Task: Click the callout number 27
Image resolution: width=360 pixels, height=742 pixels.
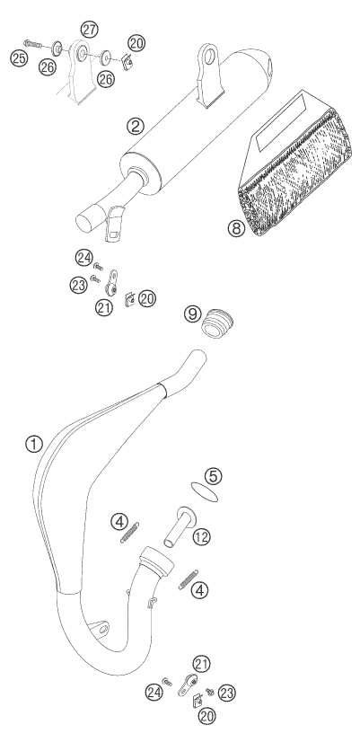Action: click(x=89, y=30)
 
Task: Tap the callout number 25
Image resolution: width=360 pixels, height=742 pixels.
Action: click(x=19, y=58)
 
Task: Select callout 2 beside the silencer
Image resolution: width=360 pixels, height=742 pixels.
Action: click(x=136, y=126)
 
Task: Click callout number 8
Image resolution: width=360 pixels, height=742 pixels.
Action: click(x=236, y=228)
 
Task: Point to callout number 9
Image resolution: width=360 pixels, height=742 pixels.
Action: click(x=192, y=314)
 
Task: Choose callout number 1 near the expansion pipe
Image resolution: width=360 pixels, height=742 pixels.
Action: click(x=34, y=445)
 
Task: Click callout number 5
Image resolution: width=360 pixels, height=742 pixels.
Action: click(x=213, y=476)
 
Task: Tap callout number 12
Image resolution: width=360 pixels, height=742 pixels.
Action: click(x=202, y=536)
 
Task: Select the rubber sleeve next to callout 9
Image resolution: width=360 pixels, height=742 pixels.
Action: click(x=218, y=322)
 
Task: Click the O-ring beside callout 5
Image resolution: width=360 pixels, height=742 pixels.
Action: click(x=206, y=491)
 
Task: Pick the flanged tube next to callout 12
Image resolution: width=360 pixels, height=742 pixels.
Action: click(x=180, y=526)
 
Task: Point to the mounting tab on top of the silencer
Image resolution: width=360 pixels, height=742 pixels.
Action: click(x=208, y=74)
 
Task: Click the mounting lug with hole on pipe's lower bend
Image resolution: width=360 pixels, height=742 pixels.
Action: click(x=99, y=628)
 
